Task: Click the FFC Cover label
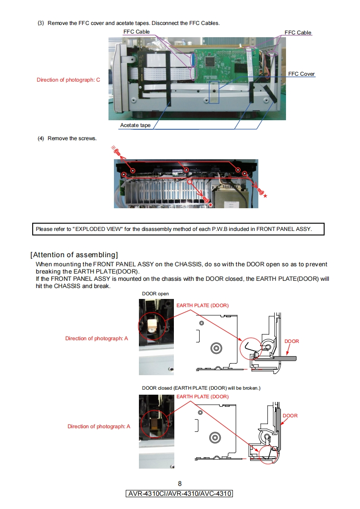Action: pos(301,74)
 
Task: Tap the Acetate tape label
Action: pos(135,125)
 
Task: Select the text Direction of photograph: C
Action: pos(69,80)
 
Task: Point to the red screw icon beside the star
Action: pos(260,191)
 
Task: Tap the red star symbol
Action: pos(266,196)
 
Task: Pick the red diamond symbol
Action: pos(211,205)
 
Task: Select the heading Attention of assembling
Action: pos(74,254)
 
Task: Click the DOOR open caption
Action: pos(155,294)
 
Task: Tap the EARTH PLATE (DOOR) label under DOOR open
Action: pos(202,305)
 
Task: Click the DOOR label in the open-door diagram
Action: pos(291,341)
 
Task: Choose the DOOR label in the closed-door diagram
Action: pos(290,416)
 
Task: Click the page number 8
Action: pos(180,484)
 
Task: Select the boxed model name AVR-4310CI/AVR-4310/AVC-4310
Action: pos(179,494)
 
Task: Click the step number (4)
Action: pos(41,138)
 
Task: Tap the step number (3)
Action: pos(41,23)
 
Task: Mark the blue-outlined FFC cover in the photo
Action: pos(213,93)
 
